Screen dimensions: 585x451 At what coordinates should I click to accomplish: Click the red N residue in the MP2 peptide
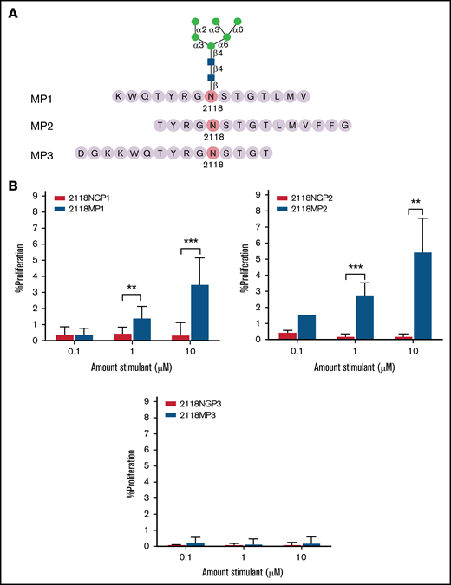[x=211, y=125]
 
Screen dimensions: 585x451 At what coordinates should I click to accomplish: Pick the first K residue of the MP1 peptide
[x=118, y=96]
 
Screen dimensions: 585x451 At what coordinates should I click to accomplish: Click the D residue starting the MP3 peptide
[x=82, y=153]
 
